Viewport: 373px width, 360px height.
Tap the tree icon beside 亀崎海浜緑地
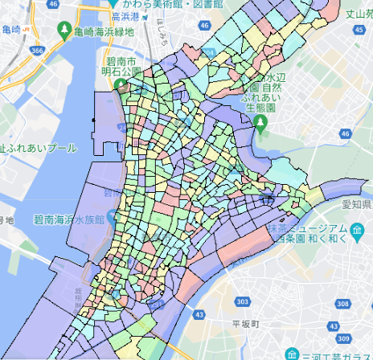(64, 33)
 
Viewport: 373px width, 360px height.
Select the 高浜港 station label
(127, 16)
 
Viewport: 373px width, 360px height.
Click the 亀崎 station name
(11, 30)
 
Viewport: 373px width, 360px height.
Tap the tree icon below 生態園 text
(260, 122)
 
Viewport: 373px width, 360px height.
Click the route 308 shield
(342, 305)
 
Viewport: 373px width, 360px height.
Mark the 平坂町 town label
(243, 324)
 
